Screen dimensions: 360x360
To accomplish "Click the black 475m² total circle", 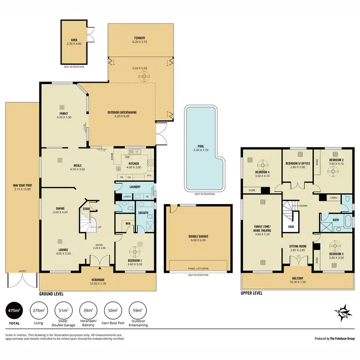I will pos(14,312).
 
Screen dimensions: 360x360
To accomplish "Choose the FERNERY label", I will pos(140,38).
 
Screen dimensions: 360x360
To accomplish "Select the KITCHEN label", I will pos(134,164).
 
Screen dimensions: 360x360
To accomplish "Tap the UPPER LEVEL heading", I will pos(252,294).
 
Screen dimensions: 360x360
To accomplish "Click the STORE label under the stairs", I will pos(86,209).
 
